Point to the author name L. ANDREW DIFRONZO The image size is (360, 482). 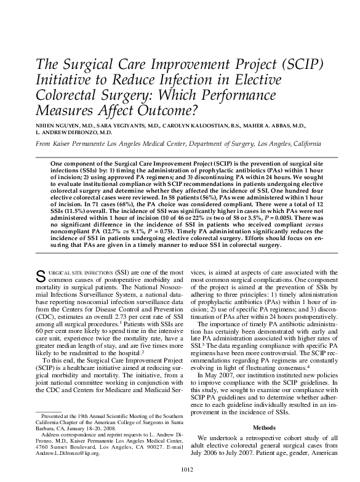point(74,132)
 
